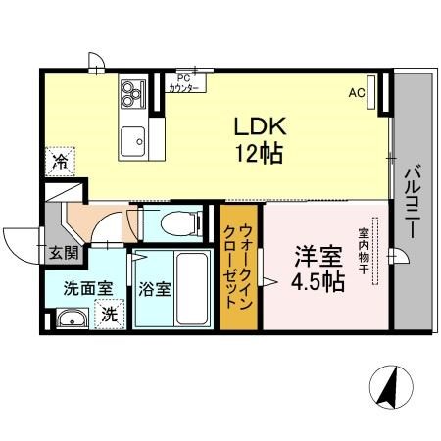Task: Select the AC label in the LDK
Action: tap(357, 93)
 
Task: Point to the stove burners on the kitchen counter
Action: tap(131, 93)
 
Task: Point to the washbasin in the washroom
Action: tap(68, 319)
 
